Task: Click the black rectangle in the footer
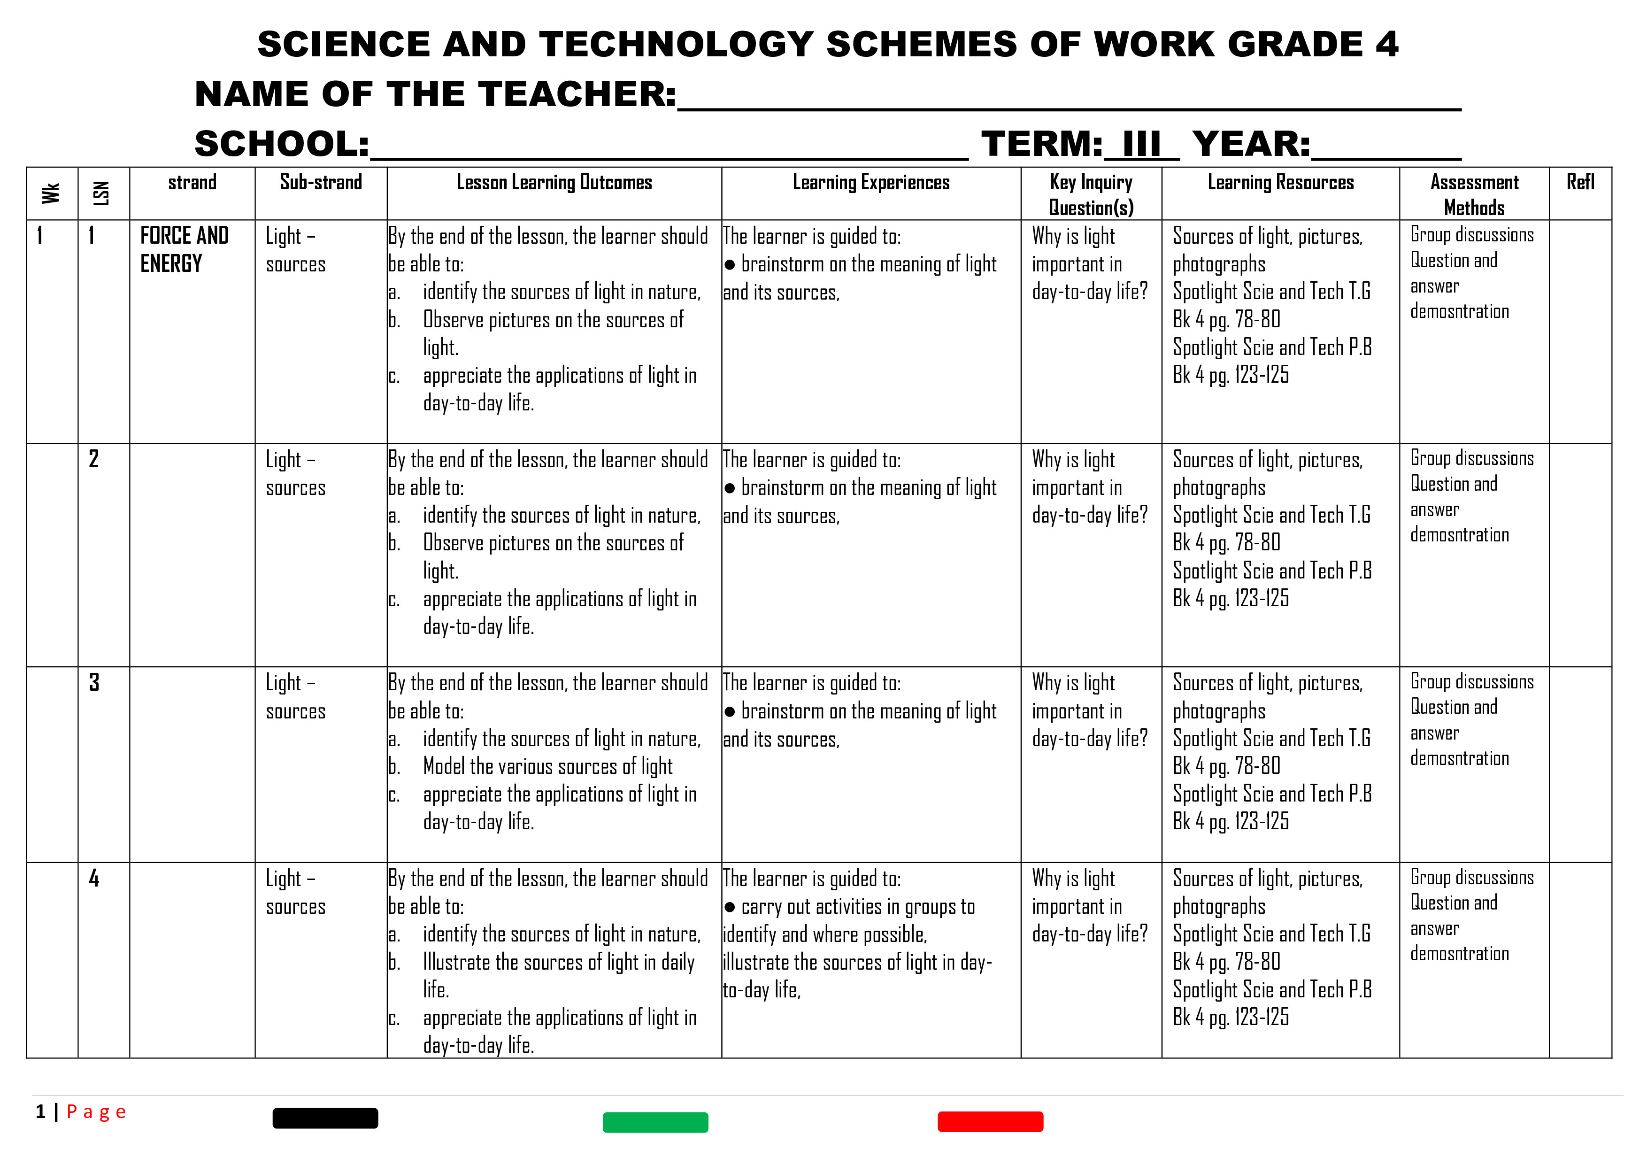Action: click(325, 1118)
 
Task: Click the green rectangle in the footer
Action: click(655, 1122)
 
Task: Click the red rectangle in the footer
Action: click(990, 1121)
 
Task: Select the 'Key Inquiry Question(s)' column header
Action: click(1090, 194)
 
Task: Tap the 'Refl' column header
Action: click(1580, 182)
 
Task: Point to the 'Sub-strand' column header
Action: click(321, 182)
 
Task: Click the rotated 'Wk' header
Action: click(51, 193)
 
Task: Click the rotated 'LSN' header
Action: click(102, 193)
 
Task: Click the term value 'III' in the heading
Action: click(1141, 144)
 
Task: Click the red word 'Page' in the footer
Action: click(96, 1112)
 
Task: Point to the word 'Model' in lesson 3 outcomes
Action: click(444, 766)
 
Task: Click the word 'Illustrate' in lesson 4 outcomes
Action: click(457, 962)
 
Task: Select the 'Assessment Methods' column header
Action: click(1474, 194)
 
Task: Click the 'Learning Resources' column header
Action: click(1280, 182)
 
